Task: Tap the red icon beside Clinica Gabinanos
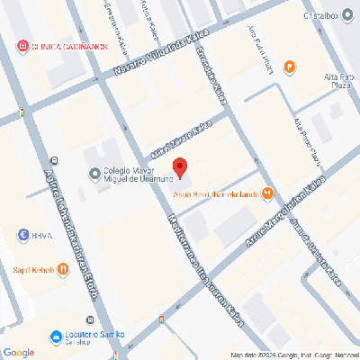[22, 46]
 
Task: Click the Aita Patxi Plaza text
[335, 84]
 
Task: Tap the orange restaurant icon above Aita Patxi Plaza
[290, 66]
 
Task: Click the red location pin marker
[180, 166]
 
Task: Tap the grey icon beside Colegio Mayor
[94, 174]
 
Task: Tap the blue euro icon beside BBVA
[23, 236]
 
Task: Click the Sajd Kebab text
[32, 269]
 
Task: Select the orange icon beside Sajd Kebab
[62, 269]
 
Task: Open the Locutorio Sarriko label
[85, 337]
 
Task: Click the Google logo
[18, 352]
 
